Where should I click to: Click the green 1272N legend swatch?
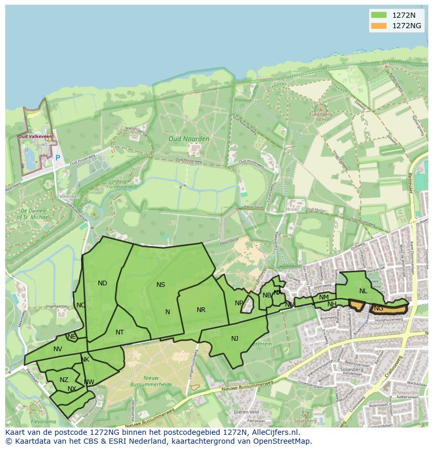pyautogui.click(x=379, y=15)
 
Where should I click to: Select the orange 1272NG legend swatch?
pyautogui.click(x=379, y=26)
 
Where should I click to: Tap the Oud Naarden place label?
pyautogui.click(x=189, y=139)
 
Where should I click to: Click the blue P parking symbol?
pyautogui.click(x=58, y=158)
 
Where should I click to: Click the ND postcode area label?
pyautogui.click(x=102, y=283)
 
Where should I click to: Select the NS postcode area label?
pyautogui.click(x=161, y=285)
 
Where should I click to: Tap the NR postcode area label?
pyautogui.click(x=201, y=310)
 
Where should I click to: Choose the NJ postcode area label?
pyautogui.click(x=235, y=339)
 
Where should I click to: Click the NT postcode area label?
pyautogui.click(x=120, y=332)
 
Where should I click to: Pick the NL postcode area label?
pyautogui.click(x=363, y=291)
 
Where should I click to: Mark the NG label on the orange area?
pyautogui.click(x=379, y=308)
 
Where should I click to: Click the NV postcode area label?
pyautogui.click(x=58, y=349)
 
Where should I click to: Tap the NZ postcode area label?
pyautogui.click(x=64, y=380)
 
